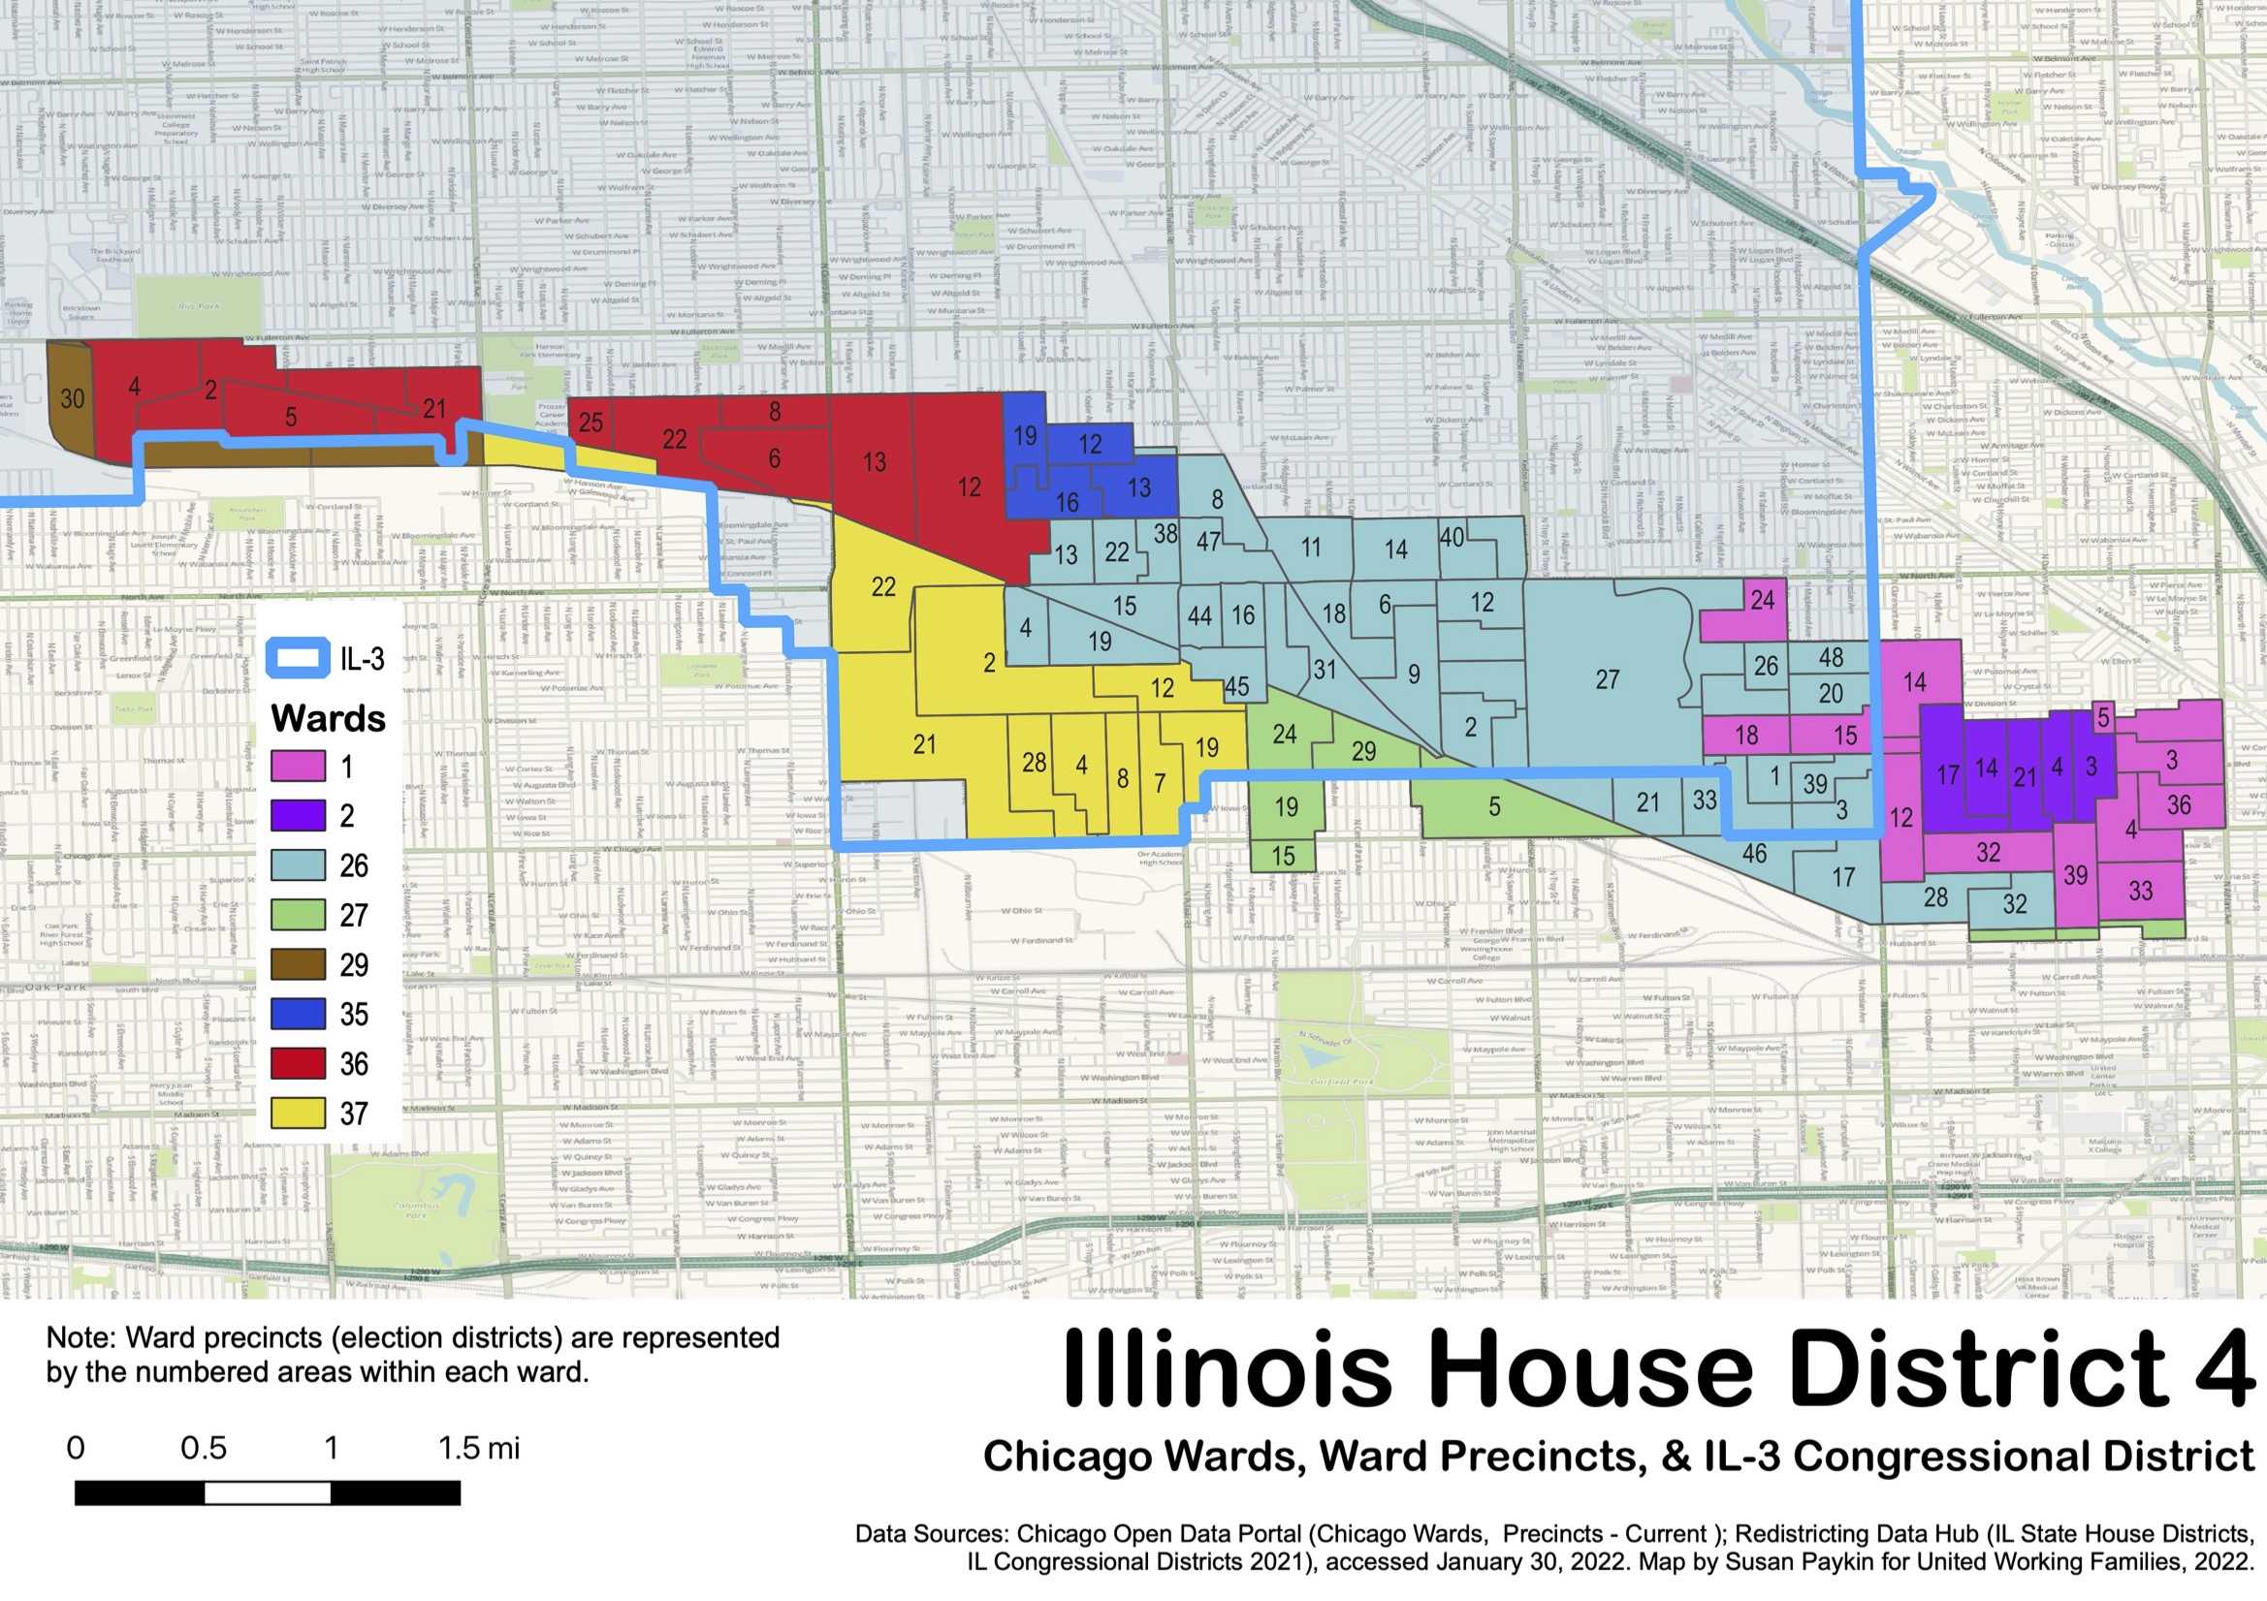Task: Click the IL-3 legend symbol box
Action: (x=299, y=658)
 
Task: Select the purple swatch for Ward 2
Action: (x=299, y=815)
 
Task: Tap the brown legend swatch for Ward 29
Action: (x=299, y=964)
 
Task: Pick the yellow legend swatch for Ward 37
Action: (x=299, y=1114)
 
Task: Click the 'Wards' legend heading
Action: (x=328, y=717)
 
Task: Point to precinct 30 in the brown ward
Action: (x=72, y=398)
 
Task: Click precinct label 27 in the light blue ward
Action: (x=1608, y=680)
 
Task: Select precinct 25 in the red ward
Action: (x=591, y=423)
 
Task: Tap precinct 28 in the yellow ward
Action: (x=1034, y=762)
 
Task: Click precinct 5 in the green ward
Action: (x=1494, y=807)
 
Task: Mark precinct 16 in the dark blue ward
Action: (x=1068, y=503)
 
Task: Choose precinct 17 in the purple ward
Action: (x=1948, y=776)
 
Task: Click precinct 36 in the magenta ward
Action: (x=2179, y=805)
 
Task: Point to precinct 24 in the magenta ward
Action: (x=1763, y=600)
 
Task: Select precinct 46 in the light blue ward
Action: (x=1755, y=854)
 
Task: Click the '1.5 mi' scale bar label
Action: (x=478, y=1448)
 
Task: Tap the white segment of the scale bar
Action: (x=267, y=1492)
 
